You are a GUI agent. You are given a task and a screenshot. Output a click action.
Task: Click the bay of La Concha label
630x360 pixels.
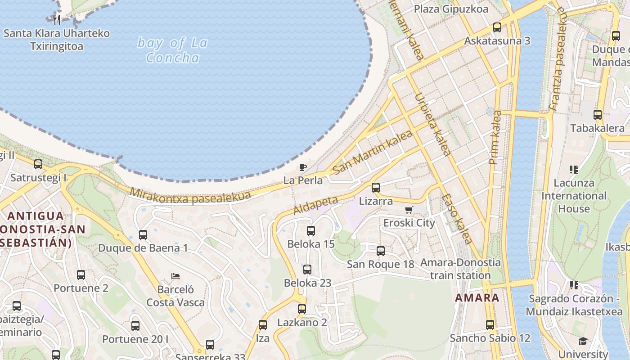(x=173, y=50)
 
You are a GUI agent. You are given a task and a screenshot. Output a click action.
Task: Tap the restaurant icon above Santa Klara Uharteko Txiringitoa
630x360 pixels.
(x=57, y=20)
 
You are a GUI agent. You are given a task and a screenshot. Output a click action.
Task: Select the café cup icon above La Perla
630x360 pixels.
(x=303, y=167)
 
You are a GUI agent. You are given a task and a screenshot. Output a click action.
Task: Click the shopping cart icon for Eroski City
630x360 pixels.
(x=409, y=210)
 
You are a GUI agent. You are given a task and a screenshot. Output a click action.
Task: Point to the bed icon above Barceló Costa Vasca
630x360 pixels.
(x=175, y=276)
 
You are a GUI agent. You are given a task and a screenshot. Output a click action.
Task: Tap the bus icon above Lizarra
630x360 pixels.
(x=376, y=188)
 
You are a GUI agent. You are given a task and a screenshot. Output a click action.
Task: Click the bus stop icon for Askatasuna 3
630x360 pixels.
(x=497, y=27)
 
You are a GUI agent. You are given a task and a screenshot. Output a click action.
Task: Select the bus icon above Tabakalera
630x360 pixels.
(x=598, y=115)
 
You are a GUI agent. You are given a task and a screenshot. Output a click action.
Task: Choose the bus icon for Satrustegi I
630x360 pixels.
(x=38, y=164)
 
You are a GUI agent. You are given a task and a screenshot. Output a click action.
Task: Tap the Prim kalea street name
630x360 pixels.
(x=495, y=137)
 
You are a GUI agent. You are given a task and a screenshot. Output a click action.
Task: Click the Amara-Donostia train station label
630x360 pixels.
(x=460, y=269)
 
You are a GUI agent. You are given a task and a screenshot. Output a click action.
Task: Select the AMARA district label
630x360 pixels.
(x=477, y=297)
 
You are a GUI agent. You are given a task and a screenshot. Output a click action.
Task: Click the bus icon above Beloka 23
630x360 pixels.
(x=307, y=270)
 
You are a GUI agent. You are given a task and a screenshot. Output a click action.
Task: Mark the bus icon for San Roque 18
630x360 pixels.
(x=381, y=251)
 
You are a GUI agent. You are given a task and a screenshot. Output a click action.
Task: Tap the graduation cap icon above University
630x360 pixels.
(x=583, y=341)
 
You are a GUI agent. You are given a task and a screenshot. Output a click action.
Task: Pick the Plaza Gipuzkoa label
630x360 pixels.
(x=450, y=9)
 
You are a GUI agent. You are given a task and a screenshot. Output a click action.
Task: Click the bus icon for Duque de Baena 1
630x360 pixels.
(x=143, y=234)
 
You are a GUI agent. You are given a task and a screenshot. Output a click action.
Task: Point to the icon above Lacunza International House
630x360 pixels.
(x=574, y=170)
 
